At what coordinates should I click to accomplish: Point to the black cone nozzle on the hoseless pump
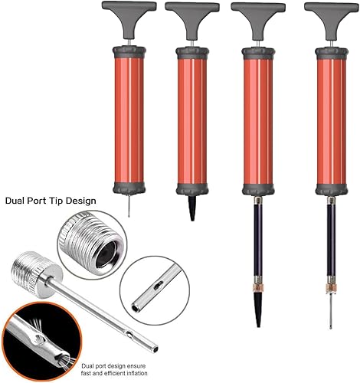click(x=191, y=210)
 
